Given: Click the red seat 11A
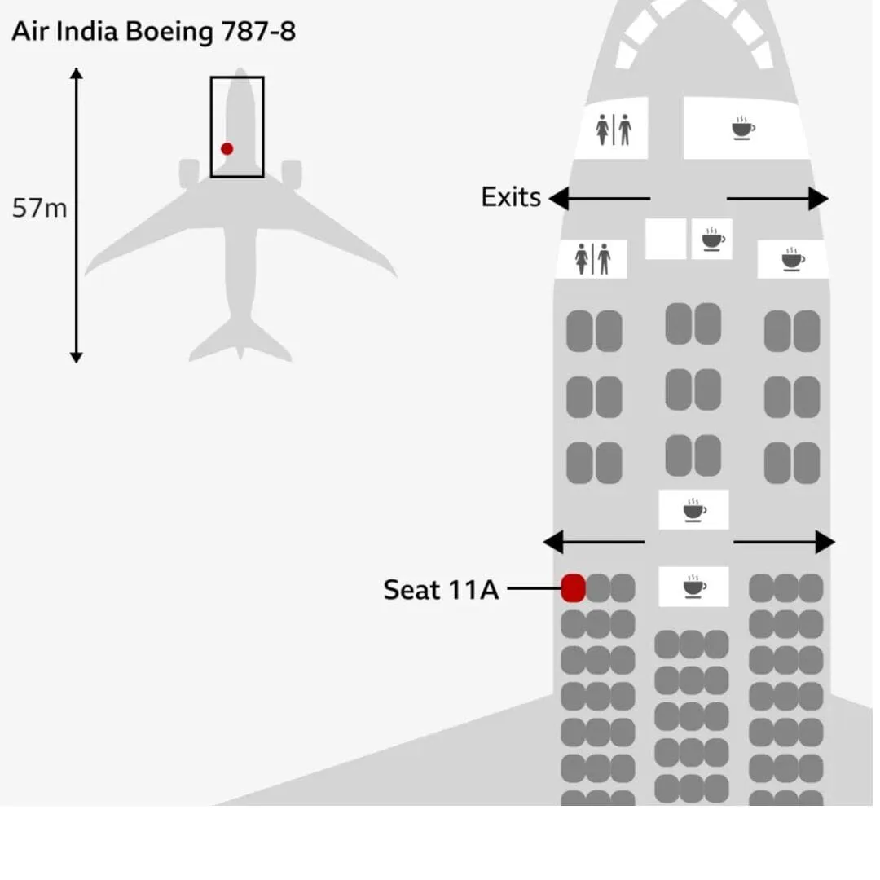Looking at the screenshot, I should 573,587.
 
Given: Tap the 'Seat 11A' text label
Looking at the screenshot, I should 440,589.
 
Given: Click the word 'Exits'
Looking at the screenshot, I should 511,197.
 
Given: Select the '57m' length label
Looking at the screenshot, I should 39,209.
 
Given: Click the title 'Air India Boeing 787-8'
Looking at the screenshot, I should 153,33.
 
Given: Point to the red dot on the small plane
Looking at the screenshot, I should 227,148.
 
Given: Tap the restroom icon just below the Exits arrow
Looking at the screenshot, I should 592,259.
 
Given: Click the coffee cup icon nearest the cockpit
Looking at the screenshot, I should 742,129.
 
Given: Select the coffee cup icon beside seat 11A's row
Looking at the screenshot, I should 694,586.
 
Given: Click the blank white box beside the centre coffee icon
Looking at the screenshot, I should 666,239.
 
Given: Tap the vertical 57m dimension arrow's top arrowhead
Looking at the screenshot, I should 77,74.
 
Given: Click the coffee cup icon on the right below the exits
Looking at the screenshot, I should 792,260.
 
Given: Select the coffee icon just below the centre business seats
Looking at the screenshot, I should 694,510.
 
